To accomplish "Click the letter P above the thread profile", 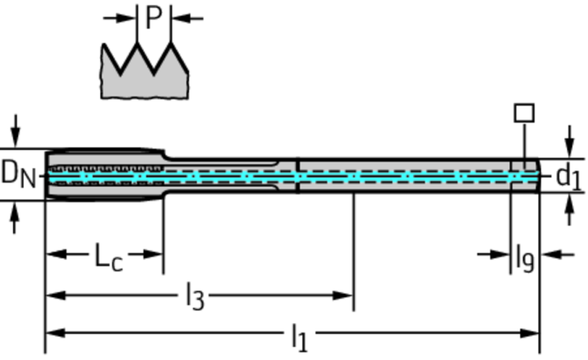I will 153,18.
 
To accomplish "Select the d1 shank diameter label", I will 567,176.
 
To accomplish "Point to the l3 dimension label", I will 193,297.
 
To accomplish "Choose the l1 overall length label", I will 299,337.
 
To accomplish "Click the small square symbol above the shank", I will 524,112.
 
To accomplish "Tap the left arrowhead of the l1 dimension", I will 53,333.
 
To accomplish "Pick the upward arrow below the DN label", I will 15,213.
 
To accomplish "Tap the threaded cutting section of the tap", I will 103,174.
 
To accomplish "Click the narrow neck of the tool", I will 220,175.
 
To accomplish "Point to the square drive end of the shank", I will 525,175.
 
